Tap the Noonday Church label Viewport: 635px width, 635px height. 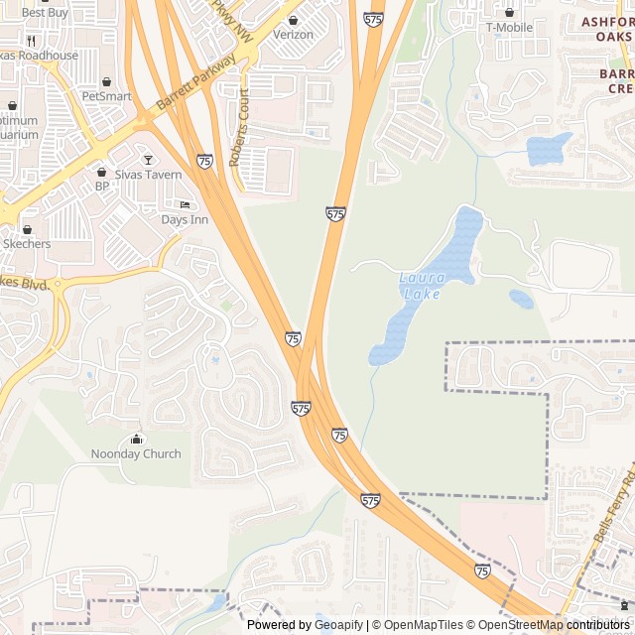[137, 454]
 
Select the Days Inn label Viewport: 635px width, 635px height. [185, 219]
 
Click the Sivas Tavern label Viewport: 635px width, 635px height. [149, 175]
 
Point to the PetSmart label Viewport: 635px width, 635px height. [106, 96]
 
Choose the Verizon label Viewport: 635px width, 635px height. [293, 35]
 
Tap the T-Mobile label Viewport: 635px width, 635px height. [509, 27]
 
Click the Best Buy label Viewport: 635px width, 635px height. [45, 13]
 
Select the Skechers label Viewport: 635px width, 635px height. [27, 243]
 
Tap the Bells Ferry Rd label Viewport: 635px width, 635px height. [616, 516]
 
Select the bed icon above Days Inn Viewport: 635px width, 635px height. [185, 204]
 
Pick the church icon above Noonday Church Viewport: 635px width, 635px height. [137, 440]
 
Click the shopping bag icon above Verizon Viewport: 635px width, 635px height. [293, 20]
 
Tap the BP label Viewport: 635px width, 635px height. [101, 186]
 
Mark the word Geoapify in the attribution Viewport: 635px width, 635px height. [338, 625]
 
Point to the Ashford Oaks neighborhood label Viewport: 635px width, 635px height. [606, 29]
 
